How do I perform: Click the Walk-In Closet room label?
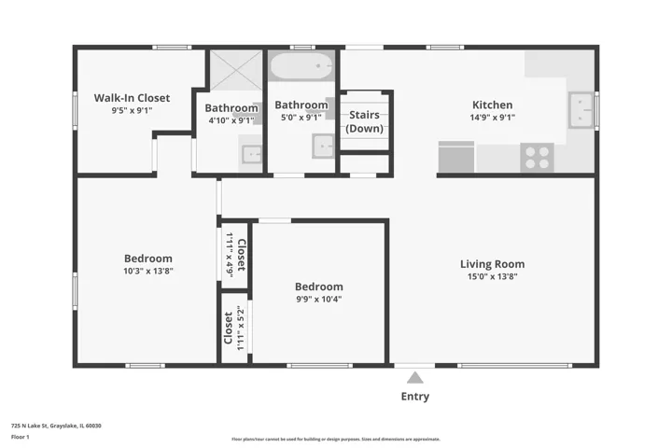pos(132,98)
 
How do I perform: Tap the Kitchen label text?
pos(493,105)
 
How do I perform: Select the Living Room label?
pos(493,264)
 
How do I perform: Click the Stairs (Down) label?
pos(364,121)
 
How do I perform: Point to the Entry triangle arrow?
pos(414,378)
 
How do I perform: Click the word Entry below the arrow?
pos(414,397)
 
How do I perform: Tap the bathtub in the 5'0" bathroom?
pos(301,66)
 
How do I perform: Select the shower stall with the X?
pos(236,70)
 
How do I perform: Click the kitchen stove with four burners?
pos(537,158)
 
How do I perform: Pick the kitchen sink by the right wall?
pos(581,110)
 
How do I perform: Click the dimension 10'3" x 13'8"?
pos(148,271)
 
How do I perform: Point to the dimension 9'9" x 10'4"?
pos(319,300)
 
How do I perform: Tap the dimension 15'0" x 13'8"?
pos(493,276)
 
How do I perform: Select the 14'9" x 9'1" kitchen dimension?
pos(493,118)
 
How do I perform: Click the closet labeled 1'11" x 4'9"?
pos(234,255)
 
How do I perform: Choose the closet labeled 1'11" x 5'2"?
pos(234,329)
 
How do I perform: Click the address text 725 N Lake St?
pos(56,426)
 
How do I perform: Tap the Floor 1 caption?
pos(21,438)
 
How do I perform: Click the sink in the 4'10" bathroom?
pos(252,154)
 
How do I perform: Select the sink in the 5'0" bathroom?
pos(323,147)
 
